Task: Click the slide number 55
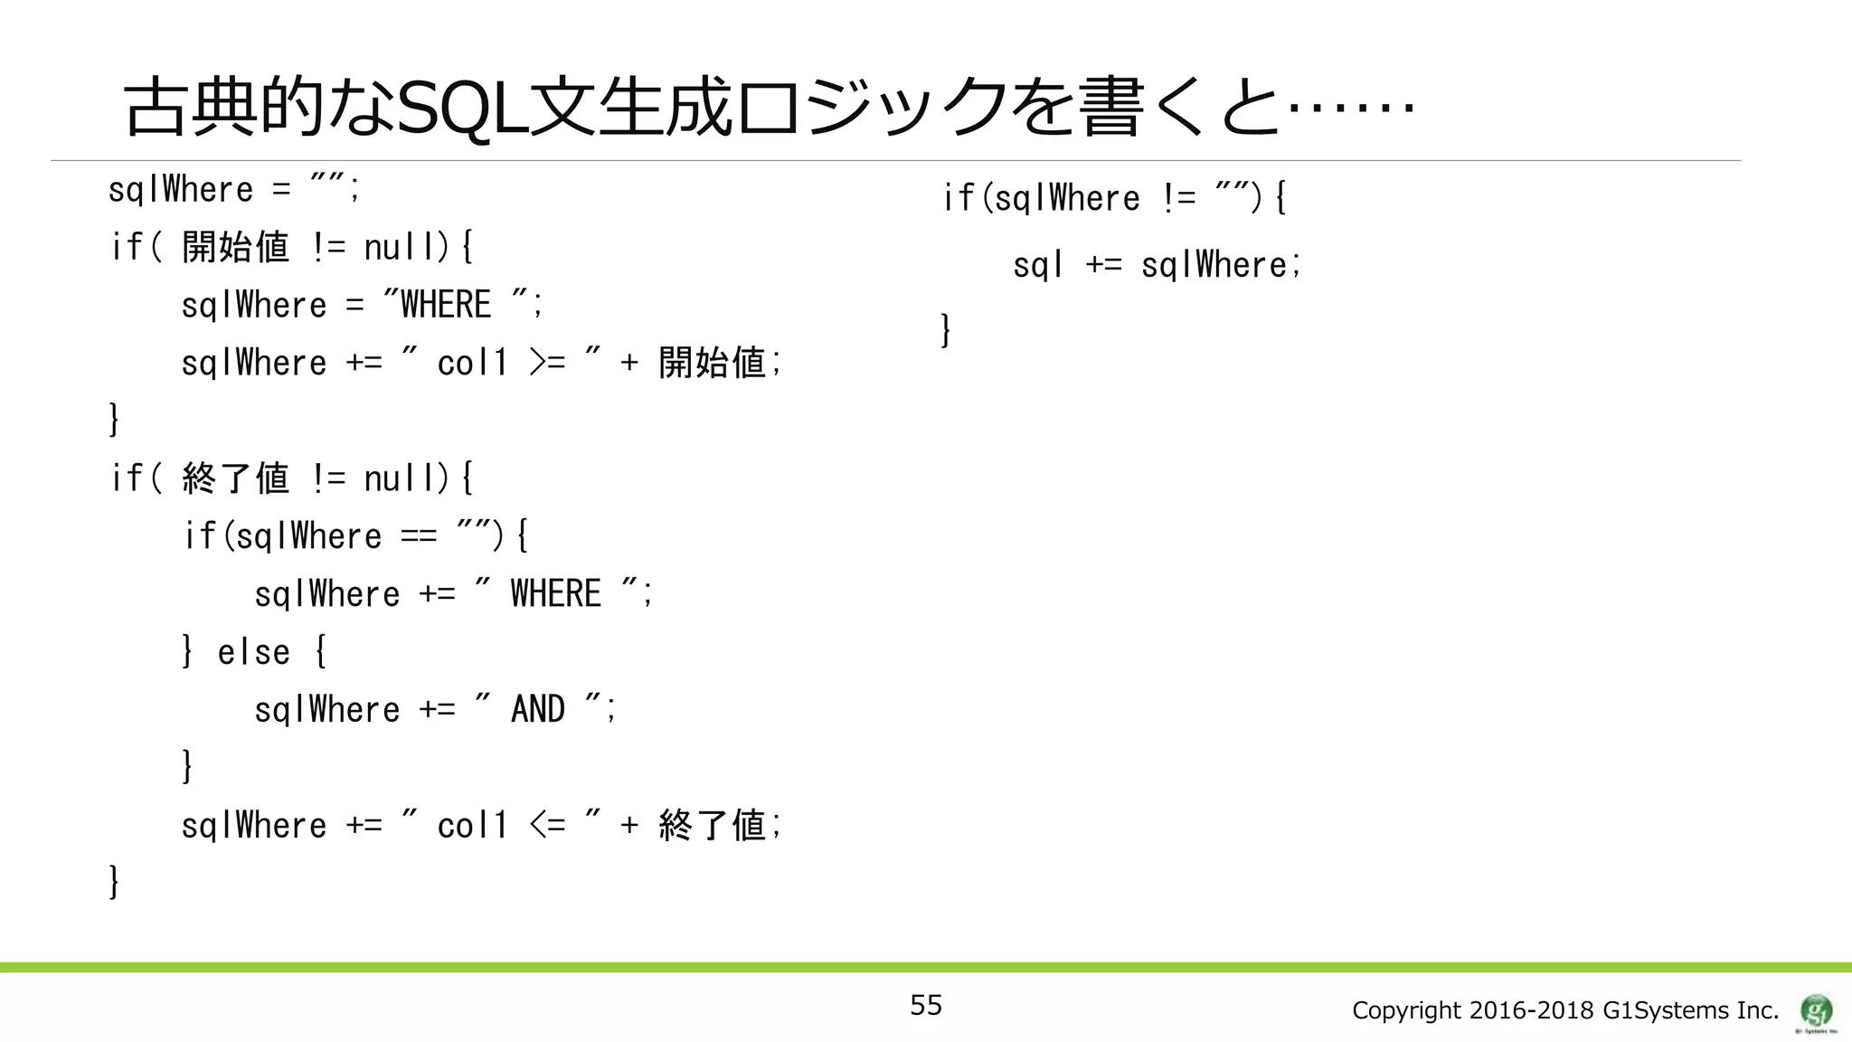pos(925,1005)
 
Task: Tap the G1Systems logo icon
pos(1816,1010)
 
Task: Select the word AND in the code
pos(538,709)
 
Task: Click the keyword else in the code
pos(253,652)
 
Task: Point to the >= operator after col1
pos(547,363)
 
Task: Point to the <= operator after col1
pos(547,825)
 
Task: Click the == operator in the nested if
pos(419,536)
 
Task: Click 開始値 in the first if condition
pos(235,247)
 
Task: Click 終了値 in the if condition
pos(235,478)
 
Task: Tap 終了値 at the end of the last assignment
pos(713,825)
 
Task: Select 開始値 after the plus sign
pos(713,363)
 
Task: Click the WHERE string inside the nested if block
pos(555,594)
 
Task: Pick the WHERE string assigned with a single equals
pos(446,305)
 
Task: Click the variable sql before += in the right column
pos(1037,265)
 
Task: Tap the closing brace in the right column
pos(946,329)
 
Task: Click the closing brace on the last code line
pos(114,881)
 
